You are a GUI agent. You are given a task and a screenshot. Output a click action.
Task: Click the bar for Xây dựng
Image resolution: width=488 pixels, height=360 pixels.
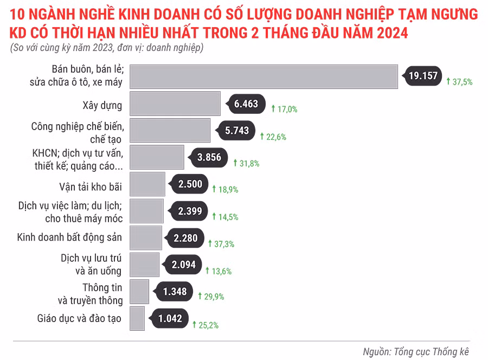point(175,104)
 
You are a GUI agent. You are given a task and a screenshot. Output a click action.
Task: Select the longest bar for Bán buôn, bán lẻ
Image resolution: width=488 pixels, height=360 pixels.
point(264,76)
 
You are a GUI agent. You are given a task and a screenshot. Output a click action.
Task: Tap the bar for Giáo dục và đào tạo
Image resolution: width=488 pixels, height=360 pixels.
point(137,318)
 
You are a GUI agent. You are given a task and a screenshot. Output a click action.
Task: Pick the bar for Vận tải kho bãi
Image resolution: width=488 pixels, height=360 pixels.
point(147,184)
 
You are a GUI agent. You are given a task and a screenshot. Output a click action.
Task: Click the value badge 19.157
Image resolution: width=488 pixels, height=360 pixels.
point(423,76)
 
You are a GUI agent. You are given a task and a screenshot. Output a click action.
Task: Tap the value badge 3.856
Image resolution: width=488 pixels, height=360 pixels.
point(209,158)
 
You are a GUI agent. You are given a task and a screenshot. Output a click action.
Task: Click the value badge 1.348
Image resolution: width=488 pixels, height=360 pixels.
point(175,292)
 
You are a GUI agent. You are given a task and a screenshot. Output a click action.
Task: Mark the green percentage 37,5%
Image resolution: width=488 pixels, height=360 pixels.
point(460,82)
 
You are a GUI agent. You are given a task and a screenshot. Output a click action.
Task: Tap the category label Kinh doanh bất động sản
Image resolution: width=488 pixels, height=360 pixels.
point(69,237)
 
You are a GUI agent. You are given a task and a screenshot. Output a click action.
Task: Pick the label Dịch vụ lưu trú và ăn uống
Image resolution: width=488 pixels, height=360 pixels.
point(91,265)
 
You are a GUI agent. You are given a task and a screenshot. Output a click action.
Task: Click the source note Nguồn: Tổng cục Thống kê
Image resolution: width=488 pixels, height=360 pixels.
point(415,351)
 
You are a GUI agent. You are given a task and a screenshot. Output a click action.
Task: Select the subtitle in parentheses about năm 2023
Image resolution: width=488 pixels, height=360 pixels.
point(106,48)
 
